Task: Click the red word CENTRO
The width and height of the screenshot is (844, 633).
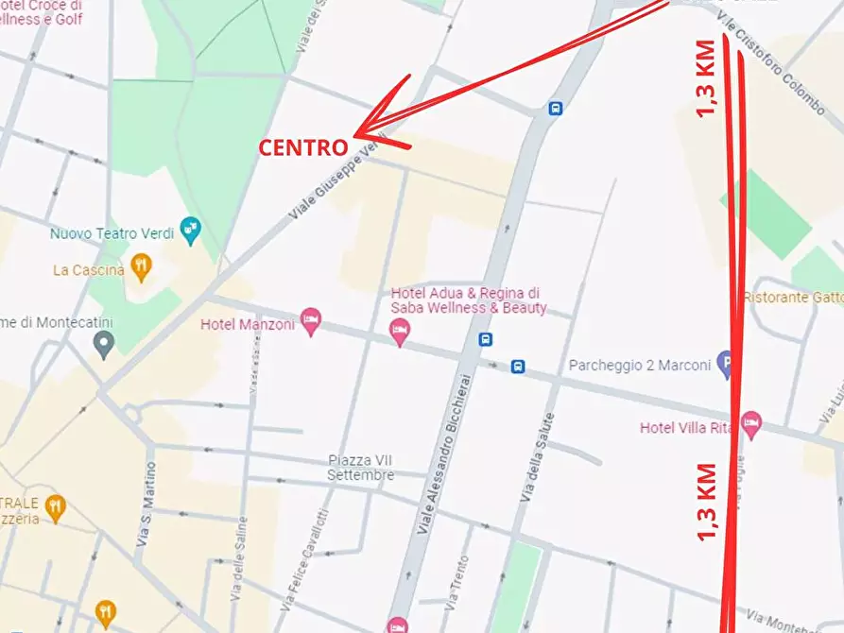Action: point(303,148)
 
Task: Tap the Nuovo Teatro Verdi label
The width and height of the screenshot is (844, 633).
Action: point(113,232)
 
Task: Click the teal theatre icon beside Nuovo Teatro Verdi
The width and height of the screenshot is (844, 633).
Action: point(191,230)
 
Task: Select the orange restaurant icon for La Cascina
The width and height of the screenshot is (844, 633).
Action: point(141,267)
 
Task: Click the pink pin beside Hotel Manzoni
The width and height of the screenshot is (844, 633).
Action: point(310,321)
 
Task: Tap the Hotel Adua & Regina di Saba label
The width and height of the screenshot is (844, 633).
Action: point(469,300)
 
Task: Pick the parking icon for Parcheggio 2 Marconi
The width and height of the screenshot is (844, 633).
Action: point(725,362)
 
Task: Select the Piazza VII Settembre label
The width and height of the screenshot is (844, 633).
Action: point(361,468)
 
